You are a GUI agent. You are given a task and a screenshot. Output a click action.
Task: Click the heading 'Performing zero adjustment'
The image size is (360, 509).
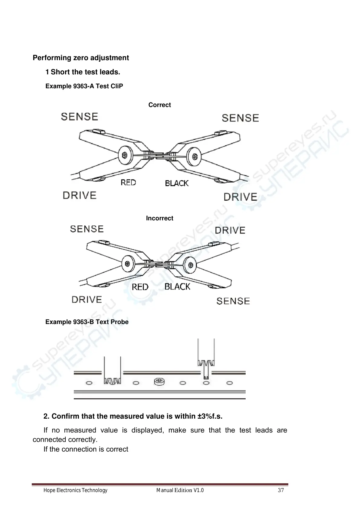tap(81, 58)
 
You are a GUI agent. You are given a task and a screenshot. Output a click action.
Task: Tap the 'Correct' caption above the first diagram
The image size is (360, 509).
tap(159, 105)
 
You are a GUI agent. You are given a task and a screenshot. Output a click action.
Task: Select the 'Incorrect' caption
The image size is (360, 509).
tap(159, 218)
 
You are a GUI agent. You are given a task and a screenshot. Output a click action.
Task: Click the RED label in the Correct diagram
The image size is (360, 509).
tap(128, 183)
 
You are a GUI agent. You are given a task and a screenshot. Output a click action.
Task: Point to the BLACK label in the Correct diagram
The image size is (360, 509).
tap(177, 183)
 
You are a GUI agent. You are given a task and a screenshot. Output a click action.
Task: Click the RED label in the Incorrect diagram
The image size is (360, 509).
tap(140, 287)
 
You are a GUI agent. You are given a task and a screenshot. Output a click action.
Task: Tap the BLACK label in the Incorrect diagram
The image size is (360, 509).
tap(177, 287)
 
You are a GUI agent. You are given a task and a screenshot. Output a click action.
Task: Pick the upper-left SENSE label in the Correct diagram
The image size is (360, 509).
tap(80, 117)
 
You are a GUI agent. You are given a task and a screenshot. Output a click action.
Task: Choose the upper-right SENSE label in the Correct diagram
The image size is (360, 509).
tap(240, 118)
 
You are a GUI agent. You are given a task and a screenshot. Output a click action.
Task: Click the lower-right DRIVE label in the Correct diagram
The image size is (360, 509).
tap(240, 197)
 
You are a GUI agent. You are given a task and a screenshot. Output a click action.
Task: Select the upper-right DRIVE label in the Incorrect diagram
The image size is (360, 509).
tap(230, 231)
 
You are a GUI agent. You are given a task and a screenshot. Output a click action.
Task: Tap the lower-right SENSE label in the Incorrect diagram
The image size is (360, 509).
tap(233, 301)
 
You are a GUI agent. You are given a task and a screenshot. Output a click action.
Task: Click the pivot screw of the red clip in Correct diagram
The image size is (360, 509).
tap(124, 155)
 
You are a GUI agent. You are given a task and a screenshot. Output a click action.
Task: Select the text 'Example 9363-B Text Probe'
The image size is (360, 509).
tap(87, 322)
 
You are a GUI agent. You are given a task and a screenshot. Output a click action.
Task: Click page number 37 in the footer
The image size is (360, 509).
tap(281, 490)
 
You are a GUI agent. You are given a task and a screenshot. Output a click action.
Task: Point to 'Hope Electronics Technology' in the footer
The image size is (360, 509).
tap(75, 490)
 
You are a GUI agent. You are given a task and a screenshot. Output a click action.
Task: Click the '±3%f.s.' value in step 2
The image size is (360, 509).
tap(210, 416)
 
